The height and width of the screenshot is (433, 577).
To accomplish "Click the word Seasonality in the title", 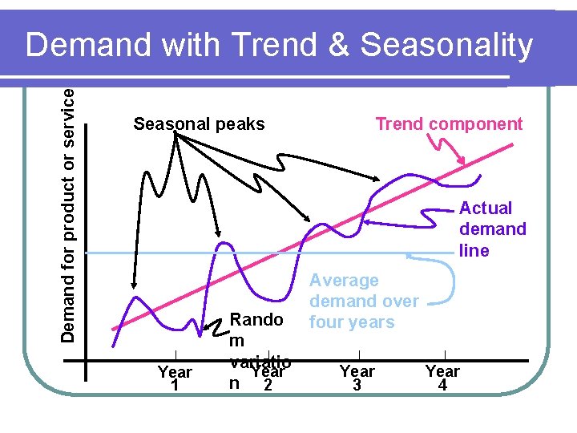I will (x=446, y=47).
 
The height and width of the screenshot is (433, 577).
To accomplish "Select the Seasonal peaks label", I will (x=199, y=124).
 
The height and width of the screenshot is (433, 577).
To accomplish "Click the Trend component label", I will (x=449, y=123).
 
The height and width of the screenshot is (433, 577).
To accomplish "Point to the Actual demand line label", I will (x=492, y=229).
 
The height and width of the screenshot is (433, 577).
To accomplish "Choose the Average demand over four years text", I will (x=363, y=301).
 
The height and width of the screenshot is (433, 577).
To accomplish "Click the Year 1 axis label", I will (x=175, y=378).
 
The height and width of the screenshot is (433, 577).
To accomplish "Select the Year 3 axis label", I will (x=357, y=378).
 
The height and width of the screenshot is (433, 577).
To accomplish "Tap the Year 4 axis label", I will (x=442, y=378).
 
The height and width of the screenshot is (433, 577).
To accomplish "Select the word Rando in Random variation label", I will (x=256, y=320).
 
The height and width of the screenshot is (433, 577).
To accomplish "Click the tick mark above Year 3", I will (x=358, y=355).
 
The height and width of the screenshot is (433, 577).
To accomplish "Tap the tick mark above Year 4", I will (x=444, y=355).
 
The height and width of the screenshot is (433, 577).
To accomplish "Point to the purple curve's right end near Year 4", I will (x=481, y=175).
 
